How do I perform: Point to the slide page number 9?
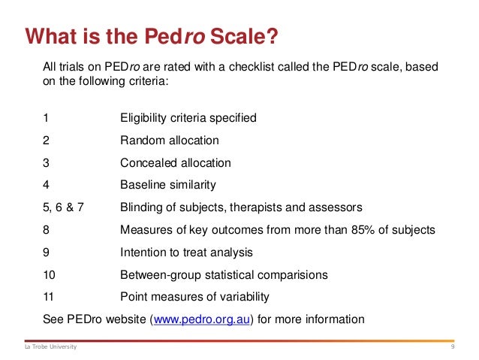pos(453,346)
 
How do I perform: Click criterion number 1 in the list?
pos(47,118)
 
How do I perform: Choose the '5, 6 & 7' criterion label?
pos(64,207)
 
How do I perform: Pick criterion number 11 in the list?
pos(50,296)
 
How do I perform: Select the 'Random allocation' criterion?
pos(170,140)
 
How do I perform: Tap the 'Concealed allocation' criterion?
pos(176,162)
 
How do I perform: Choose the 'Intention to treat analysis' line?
pos(186,252)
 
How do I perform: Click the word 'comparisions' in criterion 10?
pos(291,274)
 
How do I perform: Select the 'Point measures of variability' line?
pos(194,296)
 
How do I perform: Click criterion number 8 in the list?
pos(47,229)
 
